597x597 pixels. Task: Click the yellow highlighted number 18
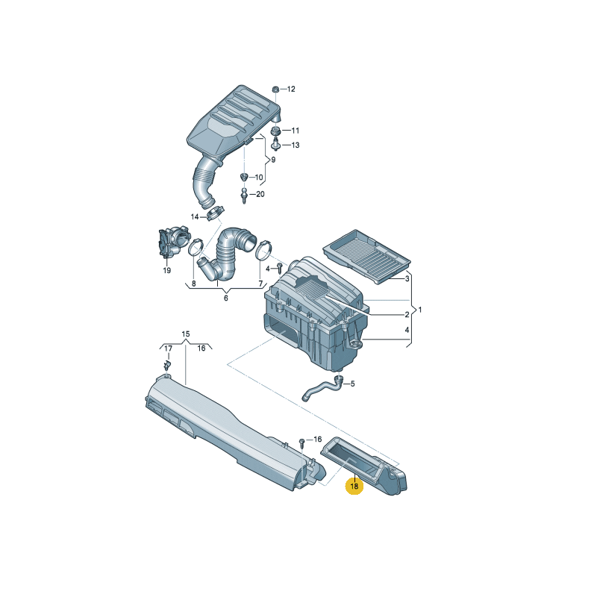(354, 487)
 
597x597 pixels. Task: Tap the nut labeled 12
(275, 90)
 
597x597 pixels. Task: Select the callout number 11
(296, 131)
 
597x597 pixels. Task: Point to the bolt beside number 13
(275, 145)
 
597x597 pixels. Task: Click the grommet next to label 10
(244, 177)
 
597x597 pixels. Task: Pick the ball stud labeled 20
(244, 196)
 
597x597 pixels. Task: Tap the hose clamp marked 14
(215, 213)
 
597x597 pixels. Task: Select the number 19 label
(166, 271)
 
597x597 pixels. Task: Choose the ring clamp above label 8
(196, 247)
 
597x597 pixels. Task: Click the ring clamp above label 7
(264, 249)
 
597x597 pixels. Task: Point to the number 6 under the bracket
(226, 298)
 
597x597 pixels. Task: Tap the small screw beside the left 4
(280, 268)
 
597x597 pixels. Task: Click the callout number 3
(407, 278)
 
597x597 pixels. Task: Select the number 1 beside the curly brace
(420, 310)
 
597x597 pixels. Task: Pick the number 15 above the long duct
(185, 334)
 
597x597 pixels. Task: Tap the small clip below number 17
(167, 365)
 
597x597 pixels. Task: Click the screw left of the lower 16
(302, 443)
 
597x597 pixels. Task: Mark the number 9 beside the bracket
(273, 160)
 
